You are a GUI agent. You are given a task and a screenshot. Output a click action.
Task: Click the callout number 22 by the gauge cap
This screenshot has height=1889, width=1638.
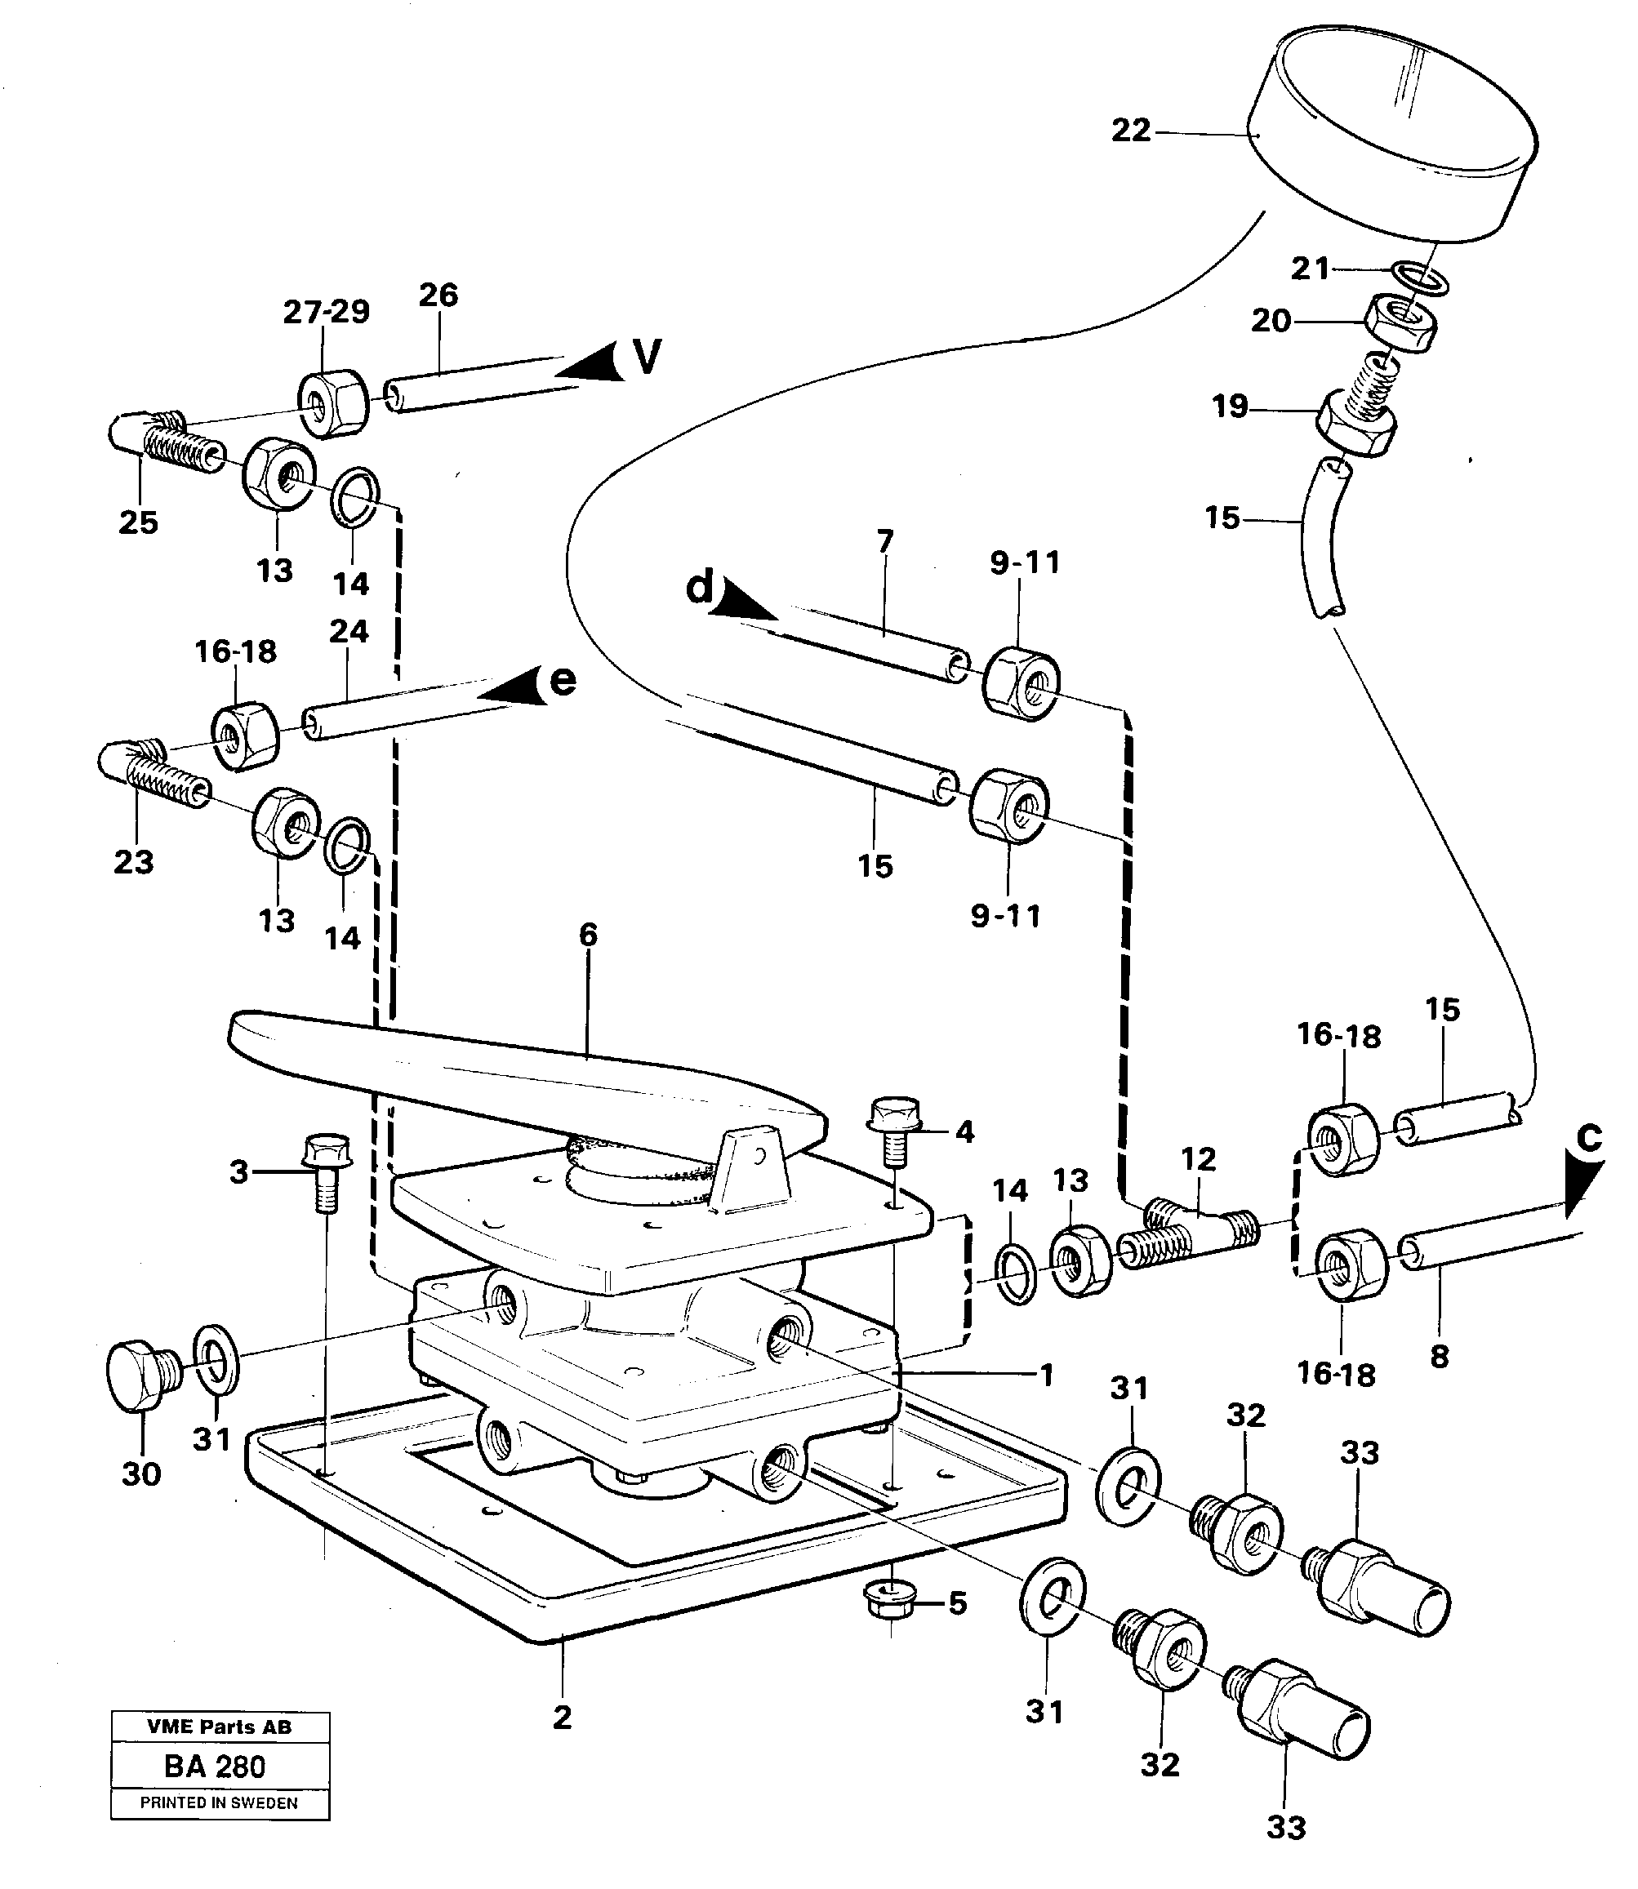click(x=1131, y=131)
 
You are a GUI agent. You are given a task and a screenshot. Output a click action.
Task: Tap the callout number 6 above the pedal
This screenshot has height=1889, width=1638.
click(x=588, y=934)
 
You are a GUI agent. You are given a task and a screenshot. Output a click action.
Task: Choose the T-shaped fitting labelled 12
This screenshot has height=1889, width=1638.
click(x=1188, y=1233)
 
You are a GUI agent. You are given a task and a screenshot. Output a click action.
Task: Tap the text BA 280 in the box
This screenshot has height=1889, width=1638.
click(x=215, y=1767)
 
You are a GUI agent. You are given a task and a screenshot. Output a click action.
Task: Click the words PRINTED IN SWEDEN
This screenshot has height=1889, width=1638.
click(x=219, y=1803)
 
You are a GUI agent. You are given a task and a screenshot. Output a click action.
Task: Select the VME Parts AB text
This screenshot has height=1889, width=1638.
click(x=220, y=1727)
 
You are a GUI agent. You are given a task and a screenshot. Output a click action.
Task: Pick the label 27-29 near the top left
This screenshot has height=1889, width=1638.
click(x=327, y=312)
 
